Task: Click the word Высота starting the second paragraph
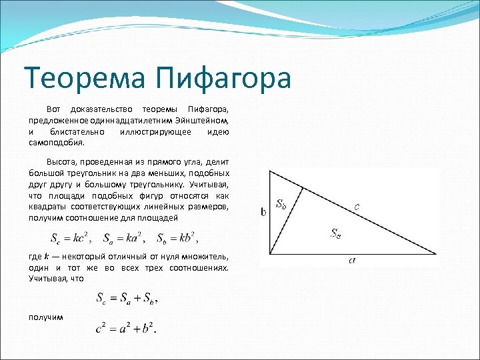coord(61,163)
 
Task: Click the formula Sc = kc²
coord(71,237)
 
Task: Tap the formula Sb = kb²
coord(177,237)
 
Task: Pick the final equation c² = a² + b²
coord(126,327)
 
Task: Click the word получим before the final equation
coord(46,316)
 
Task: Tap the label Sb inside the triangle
coord(281,205)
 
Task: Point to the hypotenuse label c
coord(358,207)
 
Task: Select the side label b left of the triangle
coord(264,212)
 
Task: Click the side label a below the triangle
coord(352,261)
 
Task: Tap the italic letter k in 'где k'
coord(47,257)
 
